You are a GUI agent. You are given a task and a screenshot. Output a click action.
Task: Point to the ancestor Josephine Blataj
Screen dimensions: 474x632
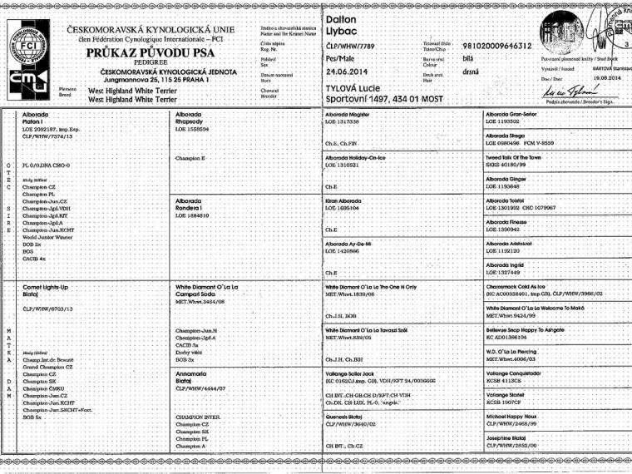[512, 437]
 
